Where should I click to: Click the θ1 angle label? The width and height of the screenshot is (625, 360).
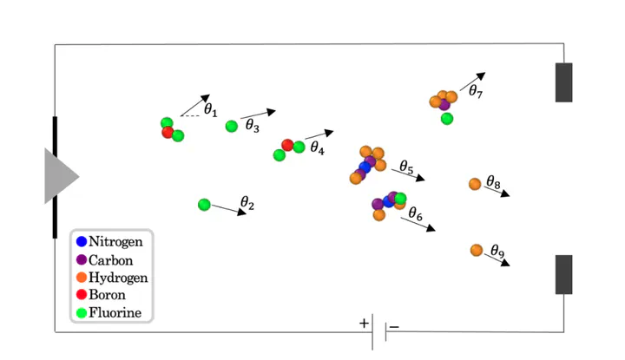[210, 109]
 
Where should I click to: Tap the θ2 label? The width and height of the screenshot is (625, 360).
[247, 203]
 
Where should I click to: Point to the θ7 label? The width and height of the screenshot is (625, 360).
[476, 91]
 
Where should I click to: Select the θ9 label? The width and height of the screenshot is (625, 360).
[497, 251]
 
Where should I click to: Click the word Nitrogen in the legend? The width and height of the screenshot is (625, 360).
[115, 242]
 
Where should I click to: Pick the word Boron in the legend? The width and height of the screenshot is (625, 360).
[107, 295]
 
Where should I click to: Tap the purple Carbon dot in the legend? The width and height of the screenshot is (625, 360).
[82, 260]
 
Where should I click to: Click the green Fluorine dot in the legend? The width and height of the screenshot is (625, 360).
[82, 313]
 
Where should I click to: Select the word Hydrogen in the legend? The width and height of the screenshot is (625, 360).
[118, 278]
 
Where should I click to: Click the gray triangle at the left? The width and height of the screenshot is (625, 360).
[59, 176]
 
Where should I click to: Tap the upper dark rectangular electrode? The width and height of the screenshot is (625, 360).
[563, 82]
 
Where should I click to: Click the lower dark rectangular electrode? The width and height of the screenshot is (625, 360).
[563, 274]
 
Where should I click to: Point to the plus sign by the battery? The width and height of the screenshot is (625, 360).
[364, 323]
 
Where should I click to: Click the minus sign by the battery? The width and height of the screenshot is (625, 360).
[394, 327]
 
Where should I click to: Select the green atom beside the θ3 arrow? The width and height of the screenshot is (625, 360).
[232, 127]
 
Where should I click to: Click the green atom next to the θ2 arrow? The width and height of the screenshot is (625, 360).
[204, 205]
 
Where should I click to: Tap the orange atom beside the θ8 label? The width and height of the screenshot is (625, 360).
[475, 184]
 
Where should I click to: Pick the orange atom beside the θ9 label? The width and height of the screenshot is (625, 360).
[477, 250]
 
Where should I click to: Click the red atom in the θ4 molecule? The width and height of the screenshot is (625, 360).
[287, 145]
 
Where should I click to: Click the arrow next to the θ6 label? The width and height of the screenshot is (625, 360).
[418, 224]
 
